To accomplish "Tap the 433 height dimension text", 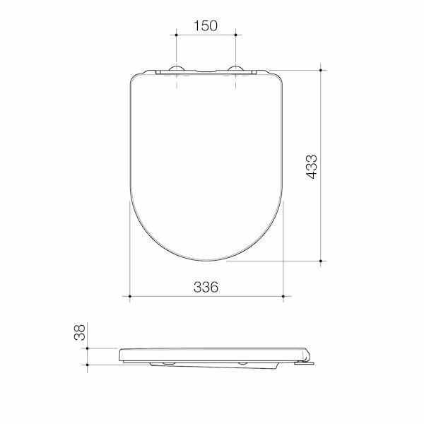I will click(312, 167).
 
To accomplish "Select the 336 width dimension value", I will click(206, 287).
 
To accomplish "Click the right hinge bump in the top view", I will click(236, 69).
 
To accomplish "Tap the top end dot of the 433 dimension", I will click(322, 70).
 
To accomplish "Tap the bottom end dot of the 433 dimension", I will click(322, 261).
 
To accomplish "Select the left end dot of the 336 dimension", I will click(129, 297).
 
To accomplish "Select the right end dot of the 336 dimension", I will click(283, 297).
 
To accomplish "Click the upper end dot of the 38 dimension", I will click(88, 348).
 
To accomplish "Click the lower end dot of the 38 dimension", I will click(88, 365).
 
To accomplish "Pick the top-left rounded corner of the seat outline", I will click(136, 78).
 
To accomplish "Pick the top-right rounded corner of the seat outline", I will click(277, 78).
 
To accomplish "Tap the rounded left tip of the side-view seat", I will click(122, 355).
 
